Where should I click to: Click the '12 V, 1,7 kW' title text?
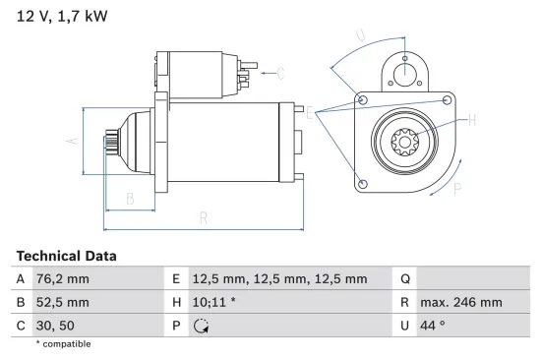[x=57, y=16]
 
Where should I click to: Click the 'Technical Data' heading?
[x=66, y=256]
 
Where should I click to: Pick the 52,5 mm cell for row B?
[x=62, y=302]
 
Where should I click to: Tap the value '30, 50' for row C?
[x=55, y=325]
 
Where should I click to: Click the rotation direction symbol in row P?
[x=202, y=326]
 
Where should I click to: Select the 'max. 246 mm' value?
[x=462, y=302]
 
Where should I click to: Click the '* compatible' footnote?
[x=63, y=343]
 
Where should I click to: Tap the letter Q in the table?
[x=405, y=279]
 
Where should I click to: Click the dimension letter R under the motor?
[x=202, y=217]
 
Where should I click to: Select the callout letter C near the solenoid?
[x=280, y=72]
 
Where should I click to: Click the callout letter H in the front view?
[x=471, y=120]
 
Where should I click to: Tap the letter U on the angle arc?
[x=360, y=37]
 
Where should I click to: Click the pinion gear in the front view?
[x=405, y=144]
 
